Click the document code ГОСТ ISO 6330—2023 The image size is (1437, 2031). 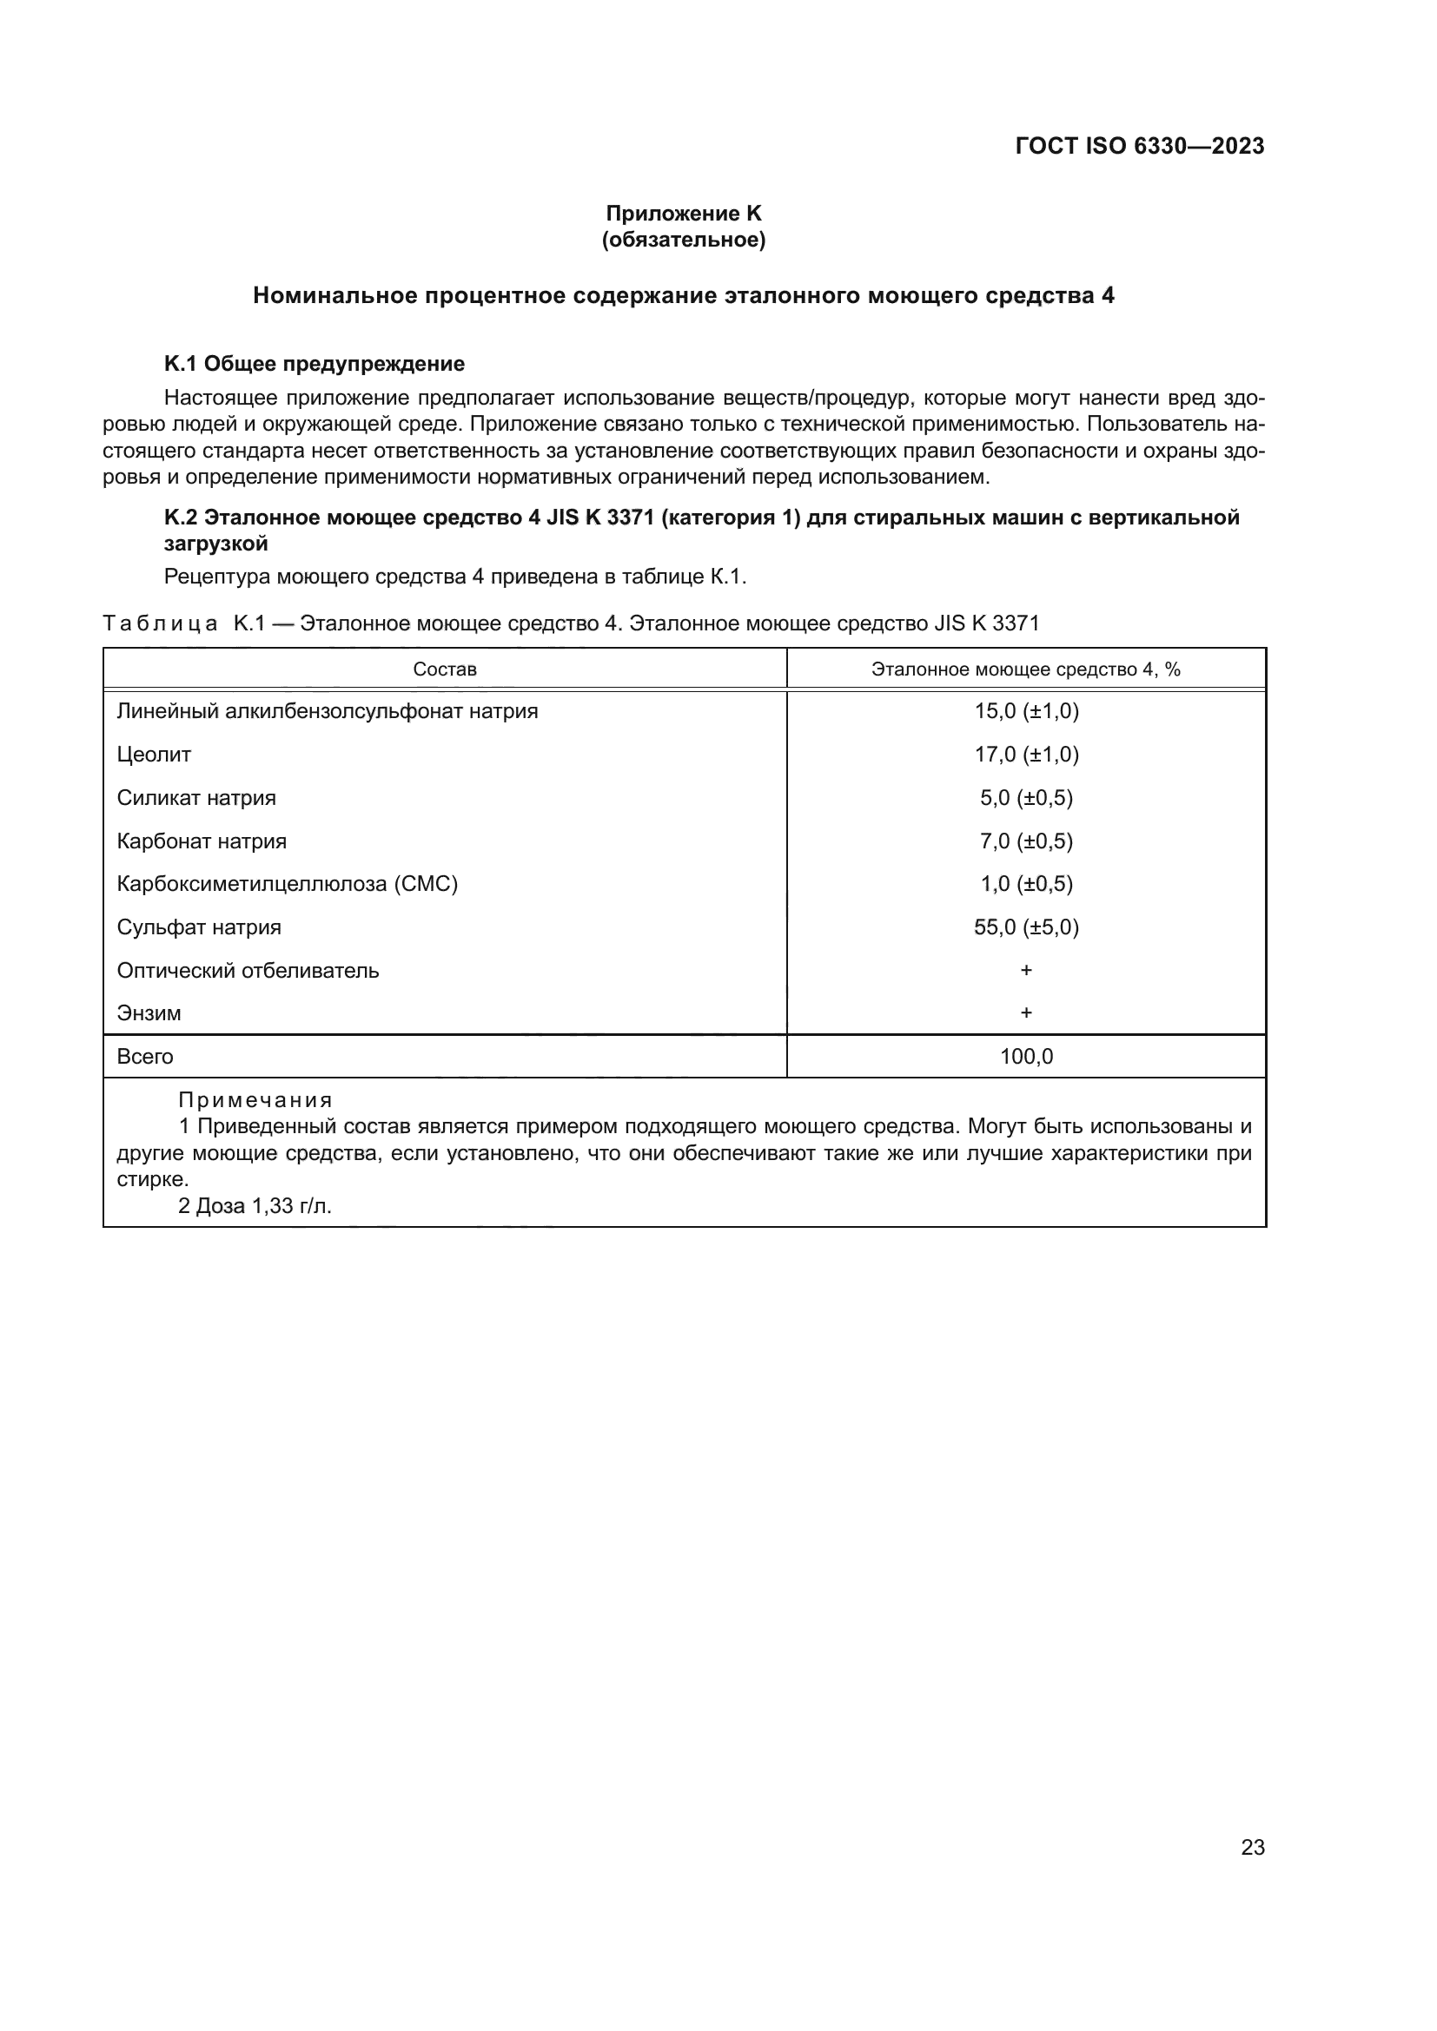[1140, 146]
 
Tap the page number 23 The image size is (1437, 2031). [1252, 1847]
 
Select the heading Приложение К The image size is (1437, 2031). [683, 214]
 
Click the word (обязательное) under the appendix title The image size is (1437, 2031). [683, 240]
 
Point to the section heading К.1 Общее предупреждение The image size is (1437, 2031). [315, 364]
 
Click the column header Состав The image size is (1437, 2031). [444, 669]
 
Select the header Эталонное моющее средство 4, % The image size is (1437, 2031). [1025, 669]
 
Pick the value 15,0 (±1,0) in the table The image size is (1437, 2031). [1026, 711]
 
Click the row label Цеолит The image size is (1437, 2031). [154, 755]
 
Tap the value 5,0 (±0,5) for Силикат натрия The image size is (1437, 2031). [1026, 798]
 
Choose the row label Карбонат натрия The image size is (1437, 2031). [202, 841]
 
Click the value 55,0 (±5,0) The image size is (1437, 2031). [1026, 927]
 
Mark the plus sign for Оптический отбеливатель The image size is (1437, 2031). [1026, 970]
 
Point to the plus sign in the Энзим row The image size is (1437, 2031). [1026, 1012]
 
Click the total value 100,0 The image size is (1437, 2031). [1026, 1056]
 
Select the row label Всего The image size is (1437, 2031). [145, 1056]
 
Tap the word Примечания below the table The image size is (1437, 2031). [255, 1099]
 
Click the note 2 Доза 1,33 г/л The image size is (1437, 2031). [255, 1206]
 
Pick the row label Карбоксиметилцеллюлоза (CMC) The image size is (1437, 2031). [288, 884]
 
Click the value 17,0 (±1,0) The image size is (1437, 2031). [1026, 755]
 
